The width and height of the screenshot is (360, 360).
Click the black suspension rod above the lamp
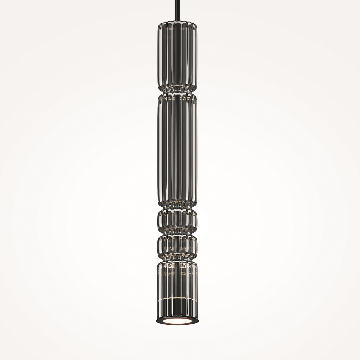177,11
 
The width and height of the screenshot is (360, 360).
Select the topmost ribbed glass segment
177,56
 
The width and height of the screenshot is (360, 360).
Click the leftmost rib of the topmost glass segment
159,56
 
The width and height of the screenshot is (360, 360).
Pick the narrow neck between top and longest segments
177,91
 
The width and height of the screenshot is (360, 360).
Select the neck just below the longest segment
177,207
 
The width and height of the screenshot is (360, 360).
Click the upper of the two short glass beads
177,221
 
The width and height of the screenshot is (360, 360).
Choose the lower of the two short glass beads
177,247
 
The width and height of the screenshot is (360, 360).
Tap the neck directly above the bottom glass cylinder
177,260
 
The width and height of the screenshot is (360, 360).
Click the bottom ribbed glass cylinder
177,284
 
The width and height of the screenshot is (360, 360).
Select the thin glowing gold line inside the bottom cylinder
177,298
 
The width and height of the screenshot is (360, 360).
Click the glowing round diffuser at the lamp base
177,321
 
